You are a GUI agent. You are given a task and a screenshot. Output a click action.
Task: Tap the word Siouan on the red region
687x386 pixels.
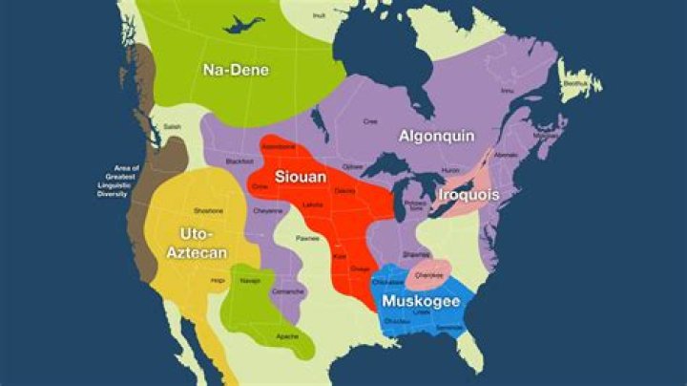pos(301,177)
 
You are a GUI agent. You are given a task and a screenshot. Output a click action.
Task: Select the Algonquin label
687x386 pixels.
pos(436,136)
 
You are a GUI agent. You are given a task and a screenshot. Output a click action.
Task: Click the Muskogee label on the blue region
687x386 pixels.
pos(421,302)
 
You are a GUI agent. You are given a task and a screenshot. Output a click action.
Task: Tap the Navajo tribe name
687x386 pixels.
pos(250,281)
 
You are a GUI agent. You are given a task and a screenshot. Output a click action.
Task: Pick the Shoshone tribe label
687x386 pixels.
pos(208,210)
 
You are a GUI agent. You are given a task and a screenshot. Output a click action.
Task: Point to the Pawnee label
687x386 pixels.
pos(307,238)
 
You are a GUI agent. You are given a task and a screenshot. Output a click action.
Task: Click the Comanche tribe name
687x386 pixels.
pos(287,290)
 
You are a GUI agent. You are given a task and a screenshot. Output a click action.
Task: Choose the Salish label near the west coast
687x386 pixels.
pos(172,126)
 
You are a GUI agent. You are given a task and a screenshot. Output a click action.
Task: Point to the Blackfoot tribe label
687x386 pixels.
pos(239,161)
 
